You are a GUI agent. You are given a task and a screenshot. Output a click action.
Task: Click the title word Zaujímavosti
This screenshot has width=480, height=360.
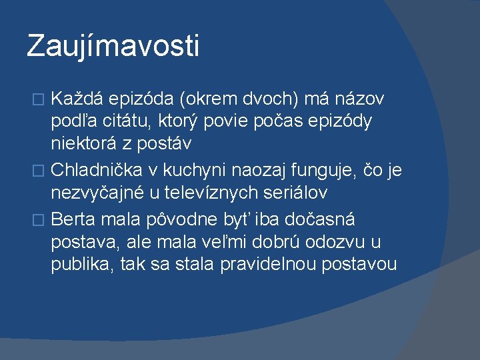pyautogui.click(x=113, y=47)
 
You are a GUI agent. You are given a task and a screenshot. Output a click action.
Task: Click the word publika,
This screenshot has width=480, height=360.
pyautogui.click(x=83, y=264)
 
